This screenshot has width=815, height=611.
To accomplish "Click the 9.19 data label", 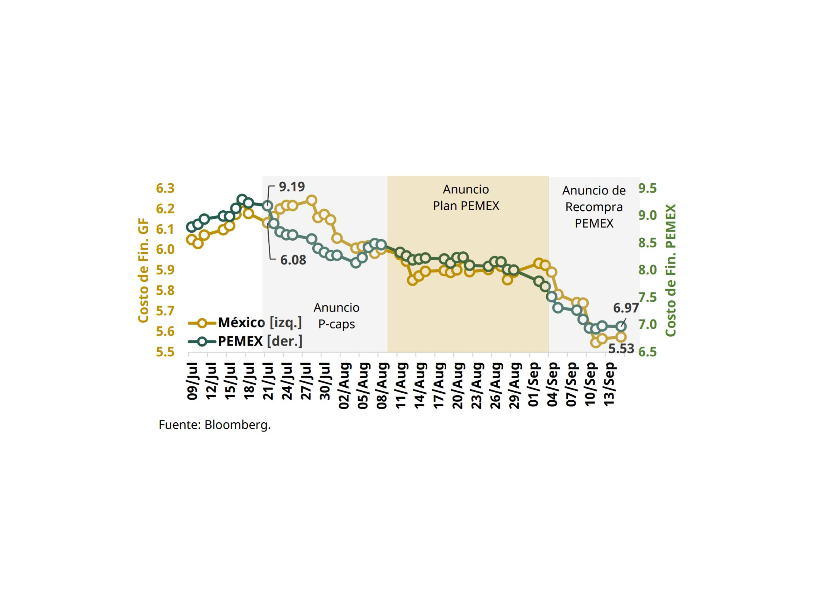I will [291, 187].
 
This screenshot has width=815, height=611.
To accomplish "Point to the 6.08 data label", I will [293, 260].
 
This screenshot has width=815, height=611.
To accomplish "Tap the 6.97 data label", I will [625, 308].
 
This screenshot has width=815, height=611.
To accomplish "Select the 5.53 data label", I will [621, 348].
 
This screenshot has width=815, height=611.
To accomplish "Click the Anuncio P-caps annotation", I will [337, 316].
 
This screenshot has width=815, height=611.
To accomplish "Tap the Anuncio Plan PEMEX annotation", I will [466, 197].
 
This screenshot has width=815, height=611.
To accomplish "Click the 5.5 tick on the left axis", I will [165, 352].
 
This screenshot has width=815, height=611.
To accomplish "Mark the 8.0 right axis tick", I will [647, 270].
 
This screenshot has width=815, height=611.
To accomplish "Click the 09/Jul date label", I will [193, 382].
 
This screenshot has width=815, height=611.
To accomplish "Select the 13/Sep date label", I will [609, 384].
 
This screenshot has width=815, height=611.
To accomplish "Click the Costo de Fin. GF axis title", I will [143, 270].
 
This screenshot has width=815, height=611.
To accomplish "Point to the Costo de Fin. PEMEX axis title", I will [671, 270].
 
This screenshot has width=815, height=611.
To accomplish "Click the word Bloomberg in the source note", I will [237, 425].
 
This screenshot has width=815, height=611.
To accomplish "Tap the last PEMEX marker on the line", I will [621, 326].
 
